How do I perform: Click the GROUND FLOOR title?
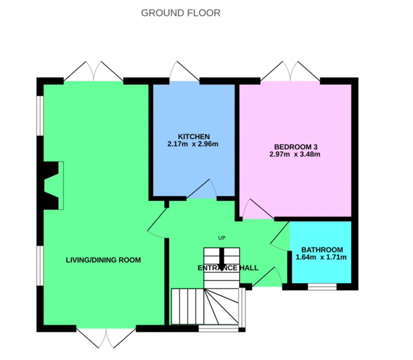[180, 13]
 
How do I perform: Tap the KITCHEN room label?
[194, 137]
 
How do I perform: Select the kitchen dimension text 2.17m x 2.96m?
[193, 144]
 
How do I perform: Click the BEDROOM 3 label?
[296, 147]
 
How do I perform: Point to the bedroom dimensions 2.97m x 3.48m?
[295, 154]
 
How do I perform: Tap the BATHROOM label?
[322, 250]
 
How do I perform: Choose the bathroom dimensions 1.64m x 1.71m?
[321, 257]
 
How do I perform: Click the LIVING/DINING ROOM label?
[103, 260]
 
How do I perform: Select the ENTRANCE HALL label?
[228, 268]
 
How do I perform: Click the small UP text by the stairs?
[222, 238]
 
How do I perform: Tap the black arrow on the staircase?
[222, 260]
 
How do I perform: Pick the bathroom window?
[322, 287]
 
